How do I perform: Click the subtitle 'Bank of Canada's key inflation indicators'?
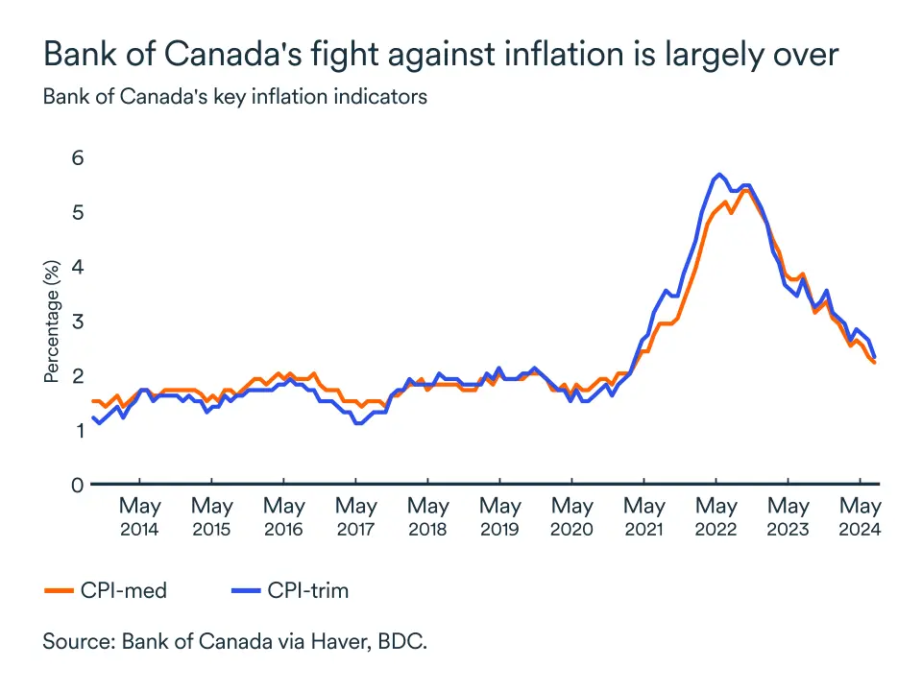[234, 97]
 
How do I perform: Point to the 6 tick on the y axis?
[76, 157]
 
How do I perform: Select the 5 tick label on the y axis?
[76, 212]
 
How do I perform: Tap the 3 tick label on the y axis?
[76, 321]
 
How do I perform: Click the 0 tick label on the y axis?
[76, 485]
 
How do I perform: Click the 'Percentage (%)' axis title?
[52, 321]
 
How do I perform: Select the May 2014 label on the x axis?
[139, 516]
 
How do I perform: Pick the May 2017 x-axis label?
[355, 516]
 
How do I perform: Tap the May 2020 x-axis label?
[572, 516]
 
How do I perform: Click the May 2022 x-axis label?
[716, 516]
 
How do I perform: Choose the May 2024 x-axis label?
[861, 516]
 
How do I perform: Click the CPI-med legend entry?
[106, 590]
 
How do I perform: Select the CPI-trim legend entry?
[288, 590]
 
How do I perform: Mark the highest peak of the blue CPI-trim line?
[717, 175]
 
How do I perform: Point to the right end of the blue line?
[874, 356]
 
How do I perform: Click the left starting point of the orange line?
[92, 401]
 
